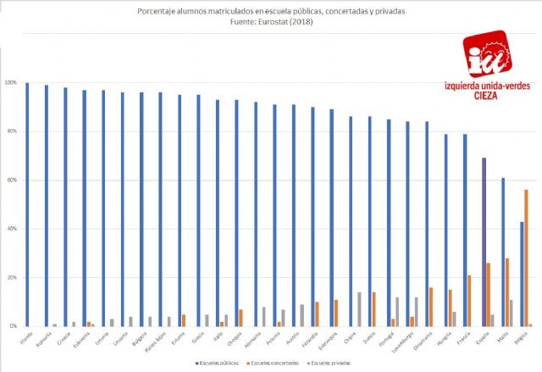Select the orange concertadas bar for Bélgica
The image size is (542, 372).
pos(527,258)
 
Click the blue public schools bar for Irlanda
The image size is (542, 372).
pos(27,204)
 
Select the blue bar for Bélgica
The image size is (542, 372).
pos(522,274)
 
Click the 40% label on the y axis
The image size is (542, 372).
pos(10,229)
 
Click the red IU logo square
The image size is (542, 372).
pos(486,55)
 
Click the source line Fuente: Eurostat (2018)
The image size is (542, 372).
pos(270,23)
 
